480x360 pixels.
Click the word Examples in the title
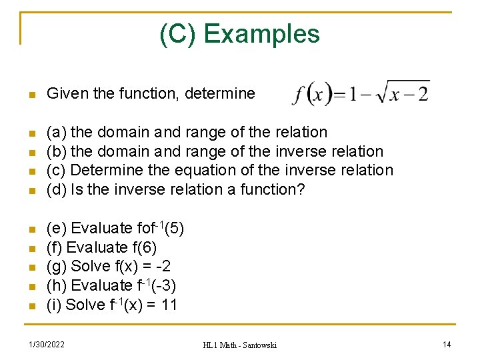[x=262, y=33]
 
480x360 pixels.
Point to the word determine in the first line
[x=223, y=94]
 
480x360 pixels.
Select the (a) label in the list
[x=56, y=132]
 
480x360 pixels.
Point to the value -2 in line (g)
[x=166, y=266]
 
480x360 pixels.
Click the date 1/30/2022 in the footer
[x=47, y=344]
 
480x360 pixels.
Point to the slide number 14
[x=447, y=344]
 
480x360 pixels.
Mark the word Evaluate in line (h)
[x=101, y=285]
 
